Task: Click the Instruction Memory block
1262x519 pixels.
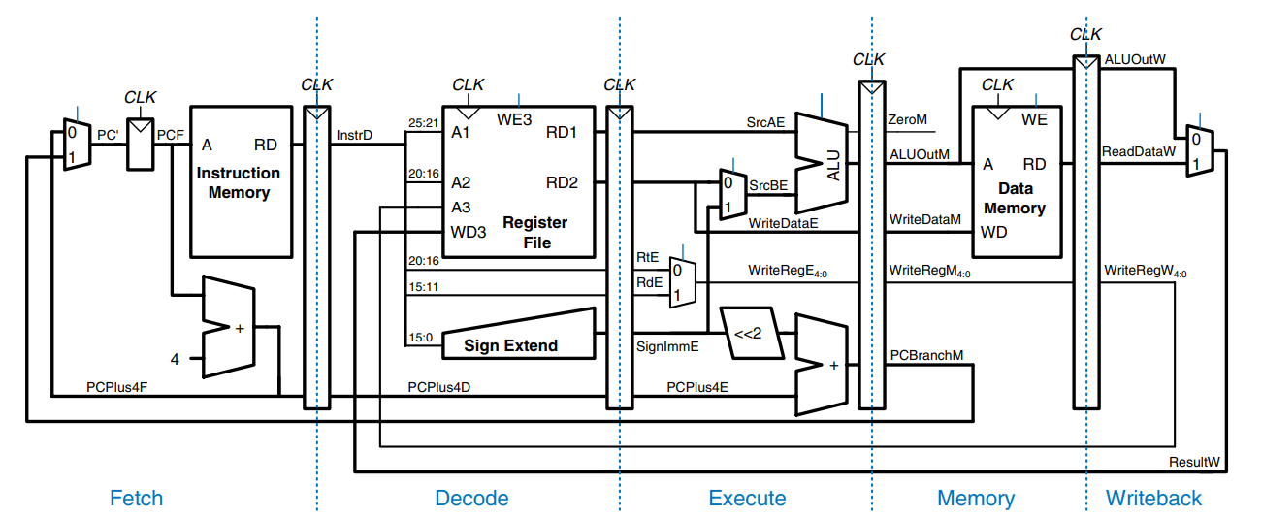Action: [x=239, y=182]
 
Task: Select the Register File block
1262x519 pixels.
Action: [x=519, y=181]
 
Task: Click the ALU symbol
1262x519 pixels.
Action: [x=822, y=162]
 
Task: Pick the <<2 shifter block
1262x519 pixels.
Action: [x=747, y=334]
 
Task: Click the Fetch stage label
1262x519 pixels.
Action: [x=136, y=499]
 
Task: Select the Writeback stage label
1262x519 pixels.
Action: [x=1153, y=499]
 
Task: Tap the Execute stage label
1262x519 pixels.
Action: [x=747, y=499]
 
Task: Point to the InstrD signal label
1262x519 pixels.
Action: [x=354, y=134]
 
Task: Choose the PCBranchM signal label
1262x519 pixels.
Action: [x=926, y=355]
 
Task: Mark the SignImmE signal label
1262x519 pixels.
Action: [x=662, y=345]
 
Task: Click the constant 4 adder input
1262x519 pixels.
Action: [x=175, y=359]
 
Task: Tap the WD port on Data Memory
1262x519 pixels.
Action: [x=993, y=233]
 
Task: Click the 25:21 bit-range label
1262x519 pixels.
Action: [x=423, y=123]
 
